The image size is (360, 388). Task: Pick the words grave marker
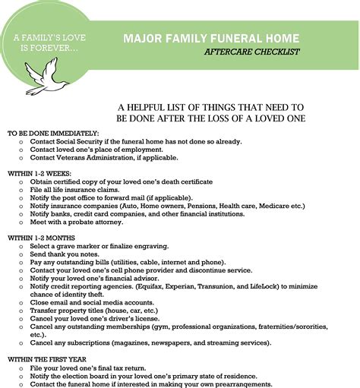pyautogui.click(x=81, y=246)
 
